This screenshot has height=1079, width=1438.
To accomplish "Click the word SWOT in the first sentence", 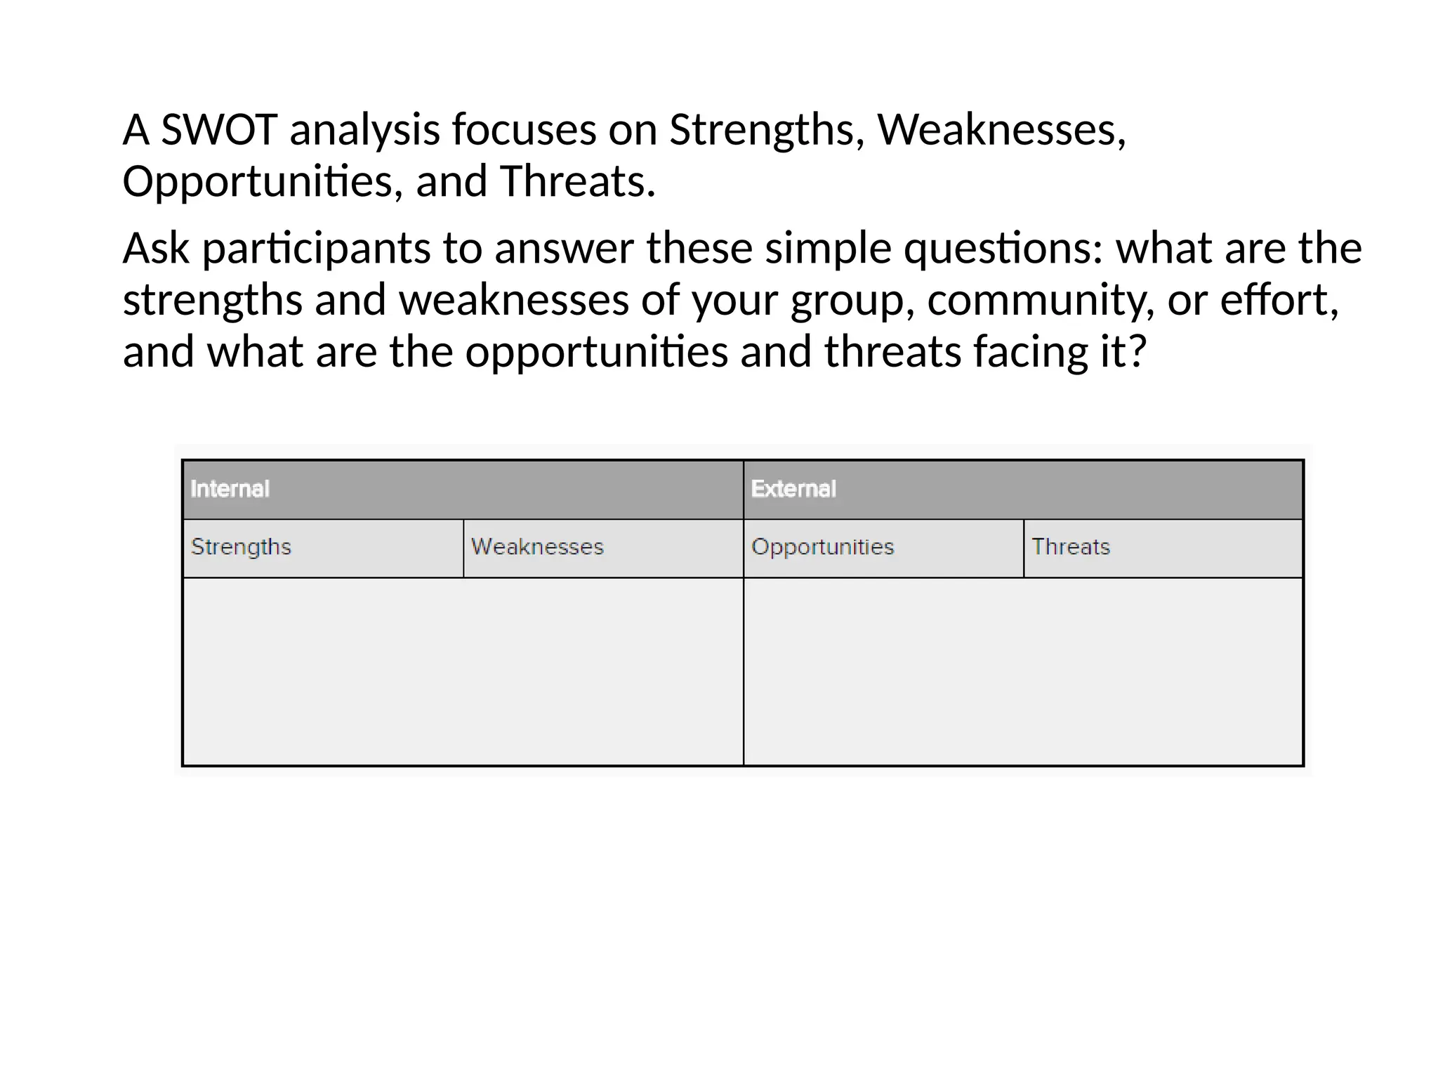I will tap(219, 131).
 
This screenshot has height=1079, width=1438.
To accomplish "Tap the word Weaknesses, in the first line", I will tap(1001, 131).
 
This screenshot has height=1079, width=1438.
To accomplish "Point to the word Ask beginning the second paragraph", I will tap(156, 249).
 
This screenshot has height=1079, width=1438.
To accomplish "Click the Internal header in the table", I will tap(230, 489).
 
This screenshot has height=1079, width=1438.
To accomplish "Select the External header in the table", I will tap(793, 489).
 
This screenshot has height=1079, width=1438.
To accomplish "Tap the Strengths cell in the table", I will tap(241, 547).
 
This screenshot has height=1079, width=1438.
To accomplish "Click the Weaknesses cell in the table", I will tap(537, 547).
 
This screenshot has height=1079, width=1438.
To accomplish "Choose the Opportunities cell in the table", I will tap(822, 547).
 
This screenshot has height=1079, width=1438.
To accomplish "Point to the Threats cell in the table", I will tap(1071, 547).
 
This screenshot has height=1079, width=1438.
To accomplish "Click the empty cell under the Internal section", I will tap(463, 672).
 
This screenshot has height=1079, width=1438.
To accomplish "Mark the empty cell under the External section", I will tap(1023, 672).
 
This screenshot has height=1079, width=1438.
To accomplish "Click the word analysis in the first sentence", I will tap(364, 131).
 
